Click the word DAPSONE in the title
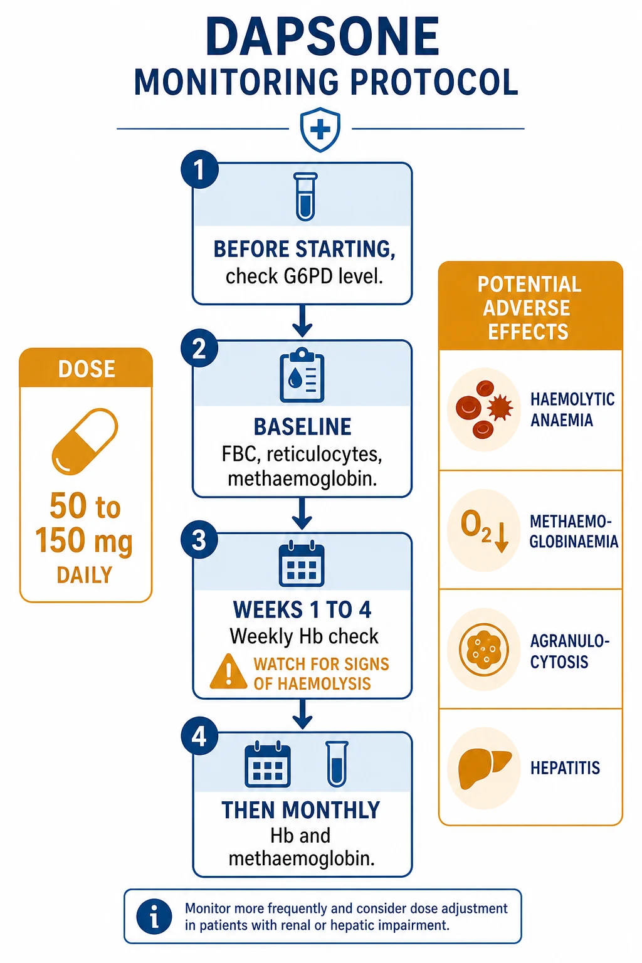[322, 37]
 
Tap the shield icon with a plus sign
[320, 129]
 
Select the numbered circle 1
[199, 169]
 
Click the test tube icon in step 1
[305, 197]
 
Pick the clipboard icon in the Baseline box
[302, 375]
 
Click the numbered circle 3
[199, 540]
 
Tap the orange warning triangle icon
[228, 672]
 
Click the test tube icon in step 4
[337, 764]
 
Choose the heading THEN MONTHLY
[301, 811]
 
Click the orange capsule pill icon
[85, 441]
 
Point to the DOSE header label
[87, 369]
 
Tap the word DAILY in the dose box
[85, 575]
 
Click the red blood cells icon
[484, 409]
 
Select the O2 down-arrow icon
[484, 530]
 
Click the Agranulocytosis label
[569, 651]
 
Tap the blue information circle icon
[154, 917]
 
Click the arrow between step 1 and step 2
[302, 321]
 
